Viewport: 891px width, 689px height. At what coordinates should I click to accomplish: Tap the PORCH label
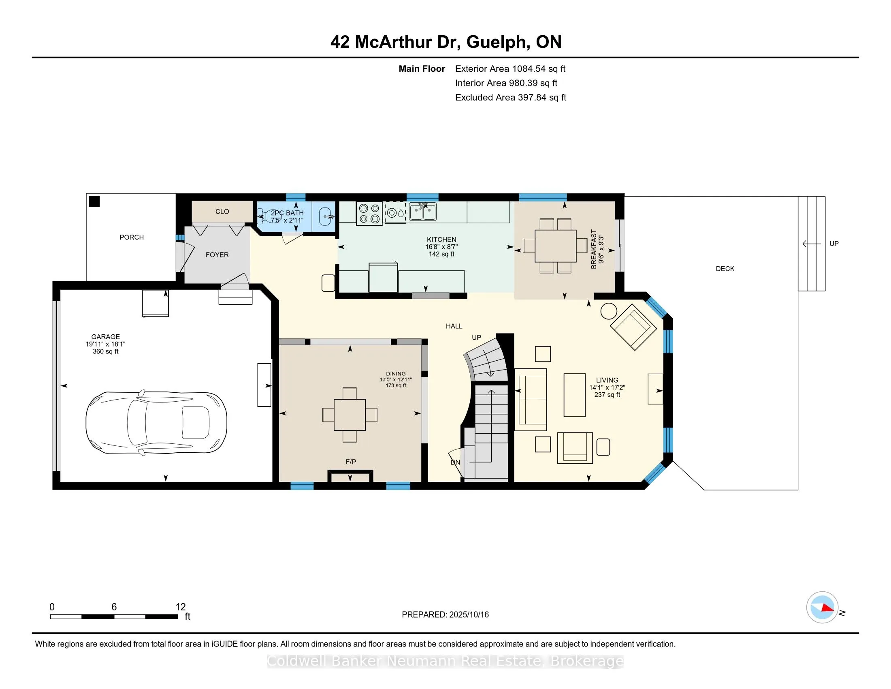131,237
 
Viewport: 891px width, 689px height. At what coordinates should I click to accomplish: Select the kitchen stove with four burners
369,214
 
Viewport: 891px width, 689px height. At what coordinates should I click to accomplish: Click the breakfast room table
555,246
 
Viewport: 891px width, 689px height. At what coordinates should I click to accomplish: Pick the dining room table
350,415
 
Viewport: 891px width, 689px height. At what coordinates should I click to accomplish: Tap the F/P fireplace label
351,462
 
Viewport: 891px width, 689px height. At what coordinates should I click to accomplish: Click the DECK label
725,269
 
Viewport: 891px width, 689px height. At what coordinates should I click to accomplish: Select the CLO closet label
222,212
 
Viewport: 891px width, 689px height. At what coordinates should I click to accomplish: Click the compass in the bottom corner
822,607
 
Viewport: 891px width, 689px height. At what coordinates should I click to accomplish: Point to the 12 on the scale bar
180,607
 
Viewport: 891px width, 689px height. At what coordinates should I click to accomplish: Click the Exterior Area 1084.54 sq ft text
510,68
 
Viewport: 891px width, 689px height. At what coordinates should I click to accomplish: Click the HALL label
454,326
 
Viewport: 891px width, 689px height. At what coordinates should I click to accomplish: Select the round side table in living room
609,311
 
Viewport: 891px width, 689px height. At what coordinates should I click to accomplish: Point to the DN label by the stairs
455,462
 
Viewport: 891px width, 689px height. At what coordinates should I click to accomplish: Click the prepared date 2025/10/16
468,615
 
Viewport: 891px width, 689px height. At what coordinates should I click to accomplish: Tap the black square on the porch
95,202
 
